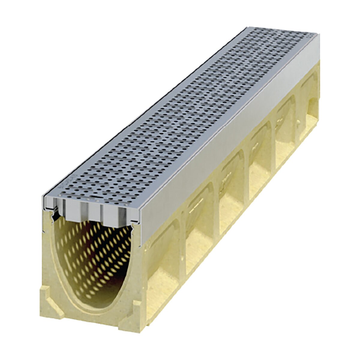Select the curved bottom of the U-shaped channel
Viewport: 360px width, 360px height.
coord(99,300)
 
